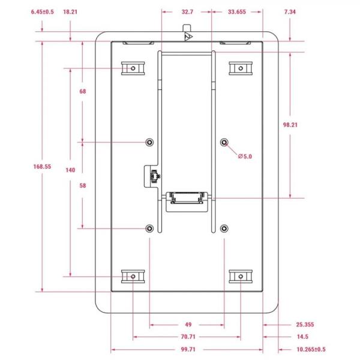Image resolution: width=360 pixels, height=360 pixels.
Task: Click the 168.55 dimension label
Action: click(42, 166)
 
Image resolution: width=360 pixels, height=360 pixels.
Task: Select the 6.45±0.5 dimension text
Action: click(43, 12)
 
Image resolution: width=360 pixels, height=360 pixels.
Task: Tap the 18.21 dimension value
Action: click(70, 12)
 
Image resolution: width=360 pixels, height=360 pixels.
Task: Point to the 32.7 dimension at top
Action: click(187, 12)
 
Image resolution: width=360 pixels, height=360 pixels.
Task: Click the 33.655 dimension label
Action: click(237, 12)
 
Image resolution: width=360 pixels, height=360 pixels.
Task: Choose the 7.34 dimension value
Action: click(290, 12)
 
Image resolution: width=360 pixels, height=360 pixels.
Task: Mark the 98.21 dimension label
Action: click(290, 125)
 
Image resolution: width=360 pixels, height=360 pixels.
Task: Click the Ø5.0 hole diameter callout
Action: click(245, 157)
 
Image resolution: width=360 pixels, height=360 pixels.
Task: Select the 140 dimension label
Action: click(70, 170)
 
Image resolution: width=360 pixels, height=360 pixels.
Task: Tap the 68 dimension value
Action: click(83, 91)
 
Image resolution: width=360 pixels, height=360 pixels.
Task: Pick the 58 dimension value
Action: click(83, 185)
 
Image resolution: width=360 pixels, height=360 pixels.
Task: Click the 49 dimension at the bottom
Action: click(188, 325)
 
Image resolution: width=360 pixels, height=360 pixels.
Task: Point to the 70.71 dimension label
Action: click(188, 337)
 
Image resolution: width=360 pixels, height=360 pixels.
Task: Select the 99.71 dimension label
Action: click(188, 349)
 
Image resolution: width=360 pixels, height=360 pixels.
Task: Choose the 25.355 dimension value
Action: click(305, 325)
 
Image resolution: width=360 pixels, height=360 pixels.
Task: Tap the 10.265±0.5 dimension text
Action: click(311, 349)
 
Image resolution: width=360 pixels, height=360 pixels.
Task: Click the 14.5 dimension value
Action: click(302, 337)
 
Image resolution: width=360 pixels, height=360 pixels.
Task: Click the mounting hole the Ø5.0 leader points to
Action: click(224, 142)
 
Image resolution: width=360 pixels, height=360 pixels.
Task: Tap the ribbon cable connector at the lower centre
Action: click(187, 198)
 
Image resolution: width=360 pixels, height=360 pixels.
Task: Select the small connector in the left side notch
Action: click(154, 176)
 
